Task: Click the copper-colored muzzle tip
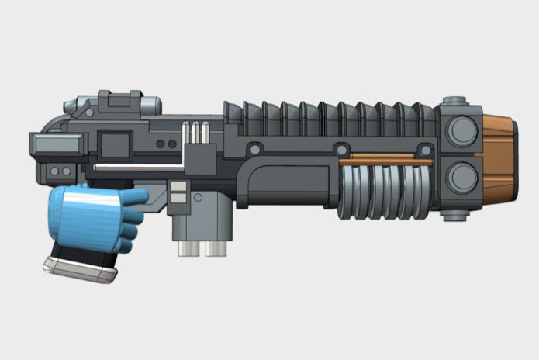[x=496, y=154]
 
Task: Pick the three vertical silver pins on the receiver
[x=196, y=133]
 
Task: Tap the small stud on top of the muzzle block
[x=455, y=102]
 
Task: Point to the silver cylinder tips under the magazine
[x=200, y=249]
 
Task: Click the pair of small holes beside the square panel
[x=165, y=144]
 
